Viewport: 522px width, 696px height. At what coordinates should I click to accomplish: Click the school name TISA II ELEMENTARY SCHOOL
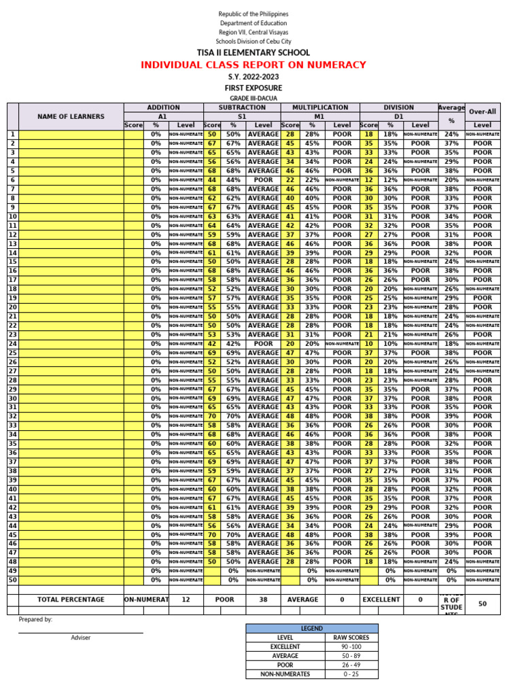point(253,52)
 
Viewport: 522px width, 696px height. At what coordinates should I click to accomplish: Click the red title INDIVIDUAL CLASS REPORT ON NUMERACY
point(253,65)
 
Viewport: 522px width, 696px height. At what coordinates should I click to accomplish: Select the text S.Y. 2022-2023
point(253,77)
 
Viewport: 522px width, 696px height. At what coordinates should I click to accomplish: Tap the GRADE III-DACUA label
point(253,99)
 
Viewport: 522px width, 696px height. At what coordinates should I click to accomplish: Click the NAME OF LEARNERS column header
point(71,116)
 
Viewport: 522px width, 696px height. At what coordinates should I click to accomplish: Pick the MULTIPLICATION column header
point(320,107)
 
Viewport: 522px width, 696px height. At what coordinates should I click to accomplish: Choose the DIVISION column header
point(399,107)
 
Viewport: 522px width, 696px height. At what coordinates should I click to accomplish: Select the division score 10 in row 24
point(369,344)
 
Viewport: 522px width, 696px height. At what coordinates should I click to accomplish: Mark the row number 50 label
point(12,580)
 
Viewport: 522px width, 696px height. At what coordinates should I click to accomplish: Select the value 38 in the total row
point(263,599)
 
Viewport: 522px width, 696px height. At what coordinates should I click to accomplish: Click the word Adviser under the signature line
point(80,638)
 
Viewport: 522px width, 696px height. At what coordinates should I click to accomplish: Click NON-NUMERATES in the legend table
point(285,674)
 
